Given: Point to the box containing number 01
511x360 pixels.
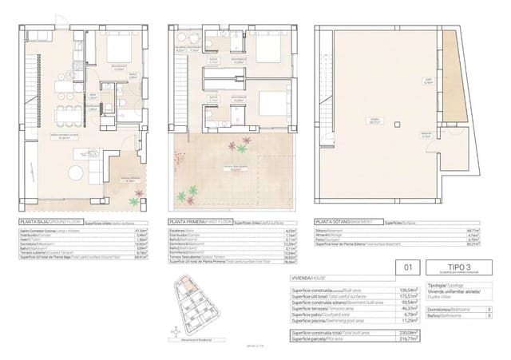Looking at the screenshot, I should [410, 270].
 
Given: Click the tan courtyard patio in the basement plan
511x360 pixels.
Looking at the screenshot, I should [451, 88].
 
